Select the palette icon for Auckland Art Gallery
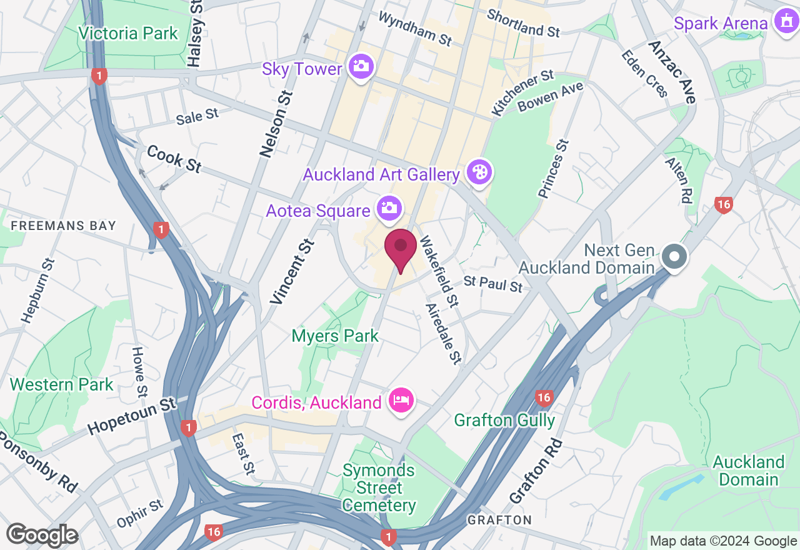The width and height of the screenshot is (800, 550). coord(479,173)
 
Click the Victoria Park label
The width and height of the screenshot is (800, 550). coord(128,33)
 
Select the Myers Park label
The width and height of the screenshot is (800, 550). coord(335,336)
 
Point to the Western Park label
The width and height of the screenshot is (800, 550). coord(61,384)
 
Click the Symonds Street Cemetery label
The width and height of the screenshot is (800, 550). coord(379,487)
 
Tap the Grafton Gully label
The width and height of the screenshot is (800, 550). coord(504,420)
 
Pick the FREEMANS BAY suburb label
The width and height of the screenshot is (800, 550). coord(64,226)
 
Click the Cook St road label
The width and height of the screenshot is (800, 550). coord(174,159)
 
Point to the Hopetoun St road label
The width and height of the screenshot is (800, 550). coord(132,417)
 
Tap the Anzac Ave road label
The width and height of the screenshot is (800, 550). coord(672,72)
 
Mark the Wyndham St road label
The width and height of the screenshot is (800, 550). coord(414,28)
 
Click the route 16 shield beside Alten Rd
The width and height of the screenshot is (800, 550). coord(723,205)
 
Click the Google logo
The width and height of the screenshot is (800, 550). coord(42,535)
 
